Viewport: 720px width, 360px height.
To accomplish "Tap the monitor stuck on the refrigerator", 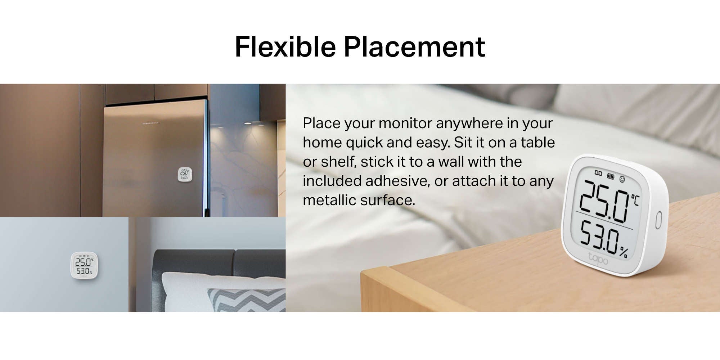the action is tap(185, 174).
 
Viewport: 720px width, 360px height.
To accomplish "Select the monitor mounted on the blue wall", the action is tap(84, 266).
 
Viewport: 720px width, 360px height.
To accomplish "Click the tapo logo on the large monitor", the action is tap(598, 259).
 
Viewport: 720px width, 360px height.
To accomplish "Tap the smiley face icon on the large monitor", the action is tap(622, 179).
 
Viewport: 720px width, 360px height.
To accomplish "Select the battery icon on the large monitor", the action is tap(611, 176).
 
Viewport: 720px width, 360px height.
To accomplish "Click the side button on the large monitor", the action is tap(658, 220).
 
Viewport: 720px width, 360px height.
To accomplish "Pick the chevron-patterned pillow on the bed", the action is tap(246, 300).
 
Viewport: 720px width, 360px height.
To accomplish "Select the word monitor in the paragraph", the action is tap(405, 123).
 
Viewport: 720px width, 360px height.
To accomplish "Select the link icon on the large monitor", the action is tap(598, 173).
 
